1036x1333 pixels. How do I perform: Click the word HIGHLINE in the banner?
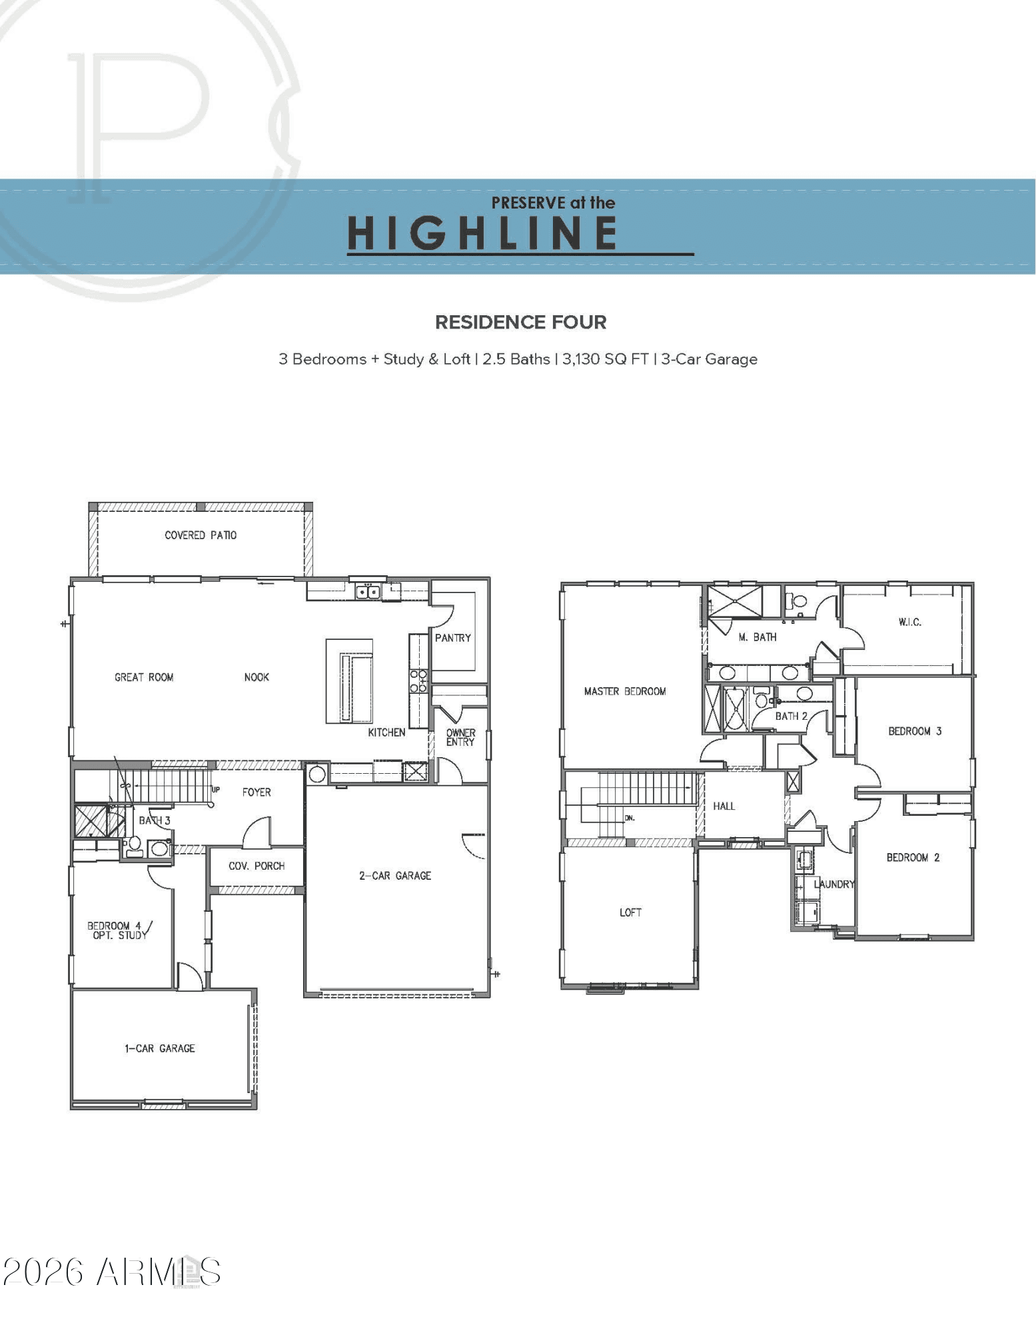(482, 233)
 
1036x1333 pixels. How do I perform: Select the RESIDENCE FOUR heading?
(520, 323)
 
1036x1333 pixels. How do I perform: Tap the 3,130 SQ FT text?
(605, 359)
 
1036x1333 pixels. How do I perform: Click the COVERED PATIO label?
(201, 535)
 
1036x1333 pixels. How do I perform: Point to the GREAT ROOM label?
(144, 677)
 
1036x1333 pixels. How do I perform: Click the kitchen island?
(349, 680)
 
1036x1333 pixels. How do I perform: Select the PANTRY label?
(452, 638)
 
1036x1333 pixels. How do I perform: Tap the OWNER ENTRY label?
(460, 737)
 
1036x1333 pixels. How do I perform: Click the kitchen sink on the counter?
(368, 591)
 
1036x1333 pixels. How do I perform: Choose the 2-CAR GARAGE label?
(395, 876)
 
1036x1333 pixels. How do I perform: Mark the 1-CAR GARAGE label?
(160, 1048)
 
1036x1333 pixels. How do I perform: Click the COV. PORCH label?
(257, 866)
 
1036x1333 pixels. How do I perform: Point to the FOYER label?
(257, 792)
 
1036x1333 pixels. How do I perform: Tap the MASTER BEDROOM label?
(625, 691)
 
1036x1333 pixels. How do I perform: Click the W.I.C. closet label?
(909, 622)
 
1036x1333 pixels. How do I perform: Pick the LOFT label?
(630, 912)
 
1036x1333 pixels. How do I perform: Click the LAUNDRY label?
(834, 884)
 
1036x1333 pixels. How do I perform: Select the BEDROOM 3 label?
(915, 731)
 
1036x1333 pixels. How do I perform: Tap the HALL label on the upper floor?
(724, 806)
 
